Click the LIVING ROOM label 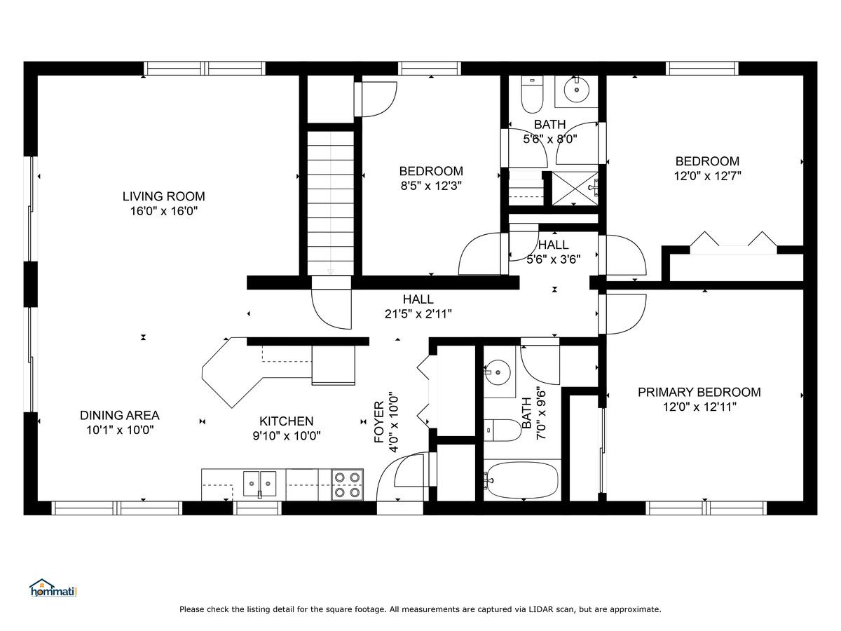point(163,196)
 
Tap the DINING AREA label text point(120,415)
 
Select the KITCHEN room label point(286,421)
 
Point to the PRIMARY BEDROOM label point(699,393)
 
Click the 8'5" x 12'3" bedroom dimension point(431,186)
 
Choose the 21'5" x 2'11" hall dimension point(418,314)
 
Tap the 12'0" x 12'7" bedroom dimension point(707,176)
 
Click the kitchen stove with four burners point(347,484)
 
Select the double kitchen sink point(259,484)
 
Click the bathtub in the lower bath point(522,480)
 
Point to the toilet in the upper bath point(532,95)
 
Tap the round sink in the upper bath point(576,90)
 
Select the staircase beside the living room point(330,203)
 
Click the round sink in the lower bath point(498,372)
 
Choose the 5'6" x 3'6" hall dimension point(553,259)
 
